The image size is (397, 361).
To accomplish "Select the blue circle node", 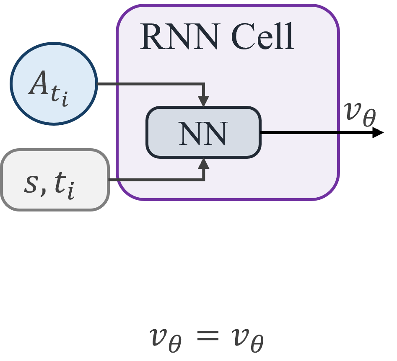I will coord(54,83).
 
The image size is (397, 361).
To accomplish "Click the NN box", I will coord(203,133).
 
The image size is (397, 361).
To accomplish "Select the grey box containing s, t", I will coord(54,179).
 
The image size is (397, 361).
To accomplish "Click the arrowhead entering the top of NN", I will coord(203,101).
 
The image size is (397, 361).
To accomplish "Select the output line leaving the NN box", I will coord(299,132).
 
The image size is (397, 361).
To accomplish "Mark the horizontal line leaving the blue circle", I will coord(149,84).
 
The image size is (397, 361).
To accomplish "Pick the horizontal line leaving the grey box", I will coord(155,180).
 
